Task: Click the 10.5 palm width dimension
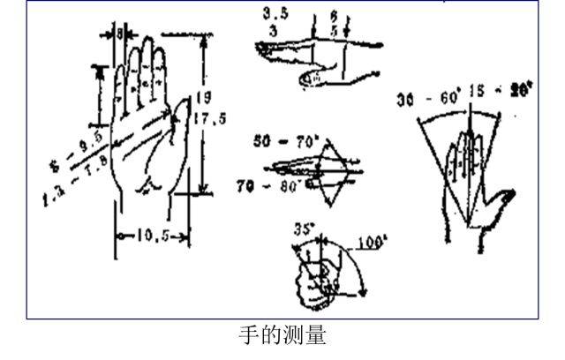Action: coord(152,236)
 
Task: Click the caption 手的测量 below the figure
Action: coord(282,336)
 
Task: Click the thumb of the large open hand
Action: coord(183,119)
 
